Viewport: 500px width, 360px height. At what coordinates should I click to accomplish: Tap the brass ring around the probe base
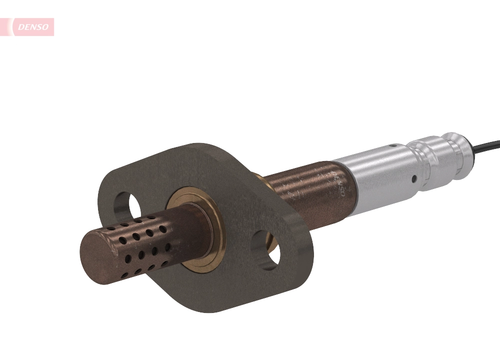[x=212, y=250]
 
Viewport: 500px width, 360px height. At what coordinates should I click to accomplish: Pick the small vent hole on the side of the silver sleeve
[x=414, y=178]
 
